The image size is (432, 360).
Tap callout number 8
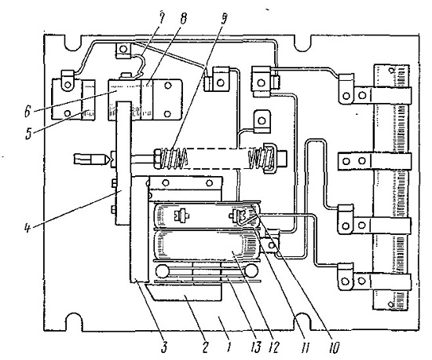[x=183, y=19]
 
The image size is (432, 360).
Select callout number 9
[x=224, y=19]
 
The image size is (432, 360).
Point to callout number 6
[x=27, y=112]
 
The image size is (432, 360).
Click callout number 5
[x=28, y=133]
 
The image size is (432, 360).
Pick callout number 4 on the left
[x=27, y=228]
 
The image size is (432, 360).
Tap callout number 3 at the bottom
[x=164, y=346]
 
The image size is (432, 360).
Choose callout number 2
[x=205, y=346]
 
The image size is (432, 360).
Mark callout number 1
[x=229, y=346]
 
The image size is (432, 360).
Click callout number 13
[x=256, y=346]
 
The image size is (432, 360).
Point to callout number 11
[x=305, y=346]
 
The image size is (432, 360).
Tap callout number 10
[x=334, y=346]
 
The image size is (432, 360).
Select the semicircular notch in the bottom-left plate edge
[x=73, y=321]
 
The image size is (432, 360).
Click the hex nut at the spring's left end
[x=157, y=160]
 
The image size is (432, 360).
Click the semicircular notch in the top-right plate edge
[x=303, y=43]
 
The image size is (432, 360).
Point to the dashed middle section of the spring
[x=218, y=159]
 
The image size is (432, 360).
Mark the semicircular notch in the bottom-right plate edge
[x=302, y=321]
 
